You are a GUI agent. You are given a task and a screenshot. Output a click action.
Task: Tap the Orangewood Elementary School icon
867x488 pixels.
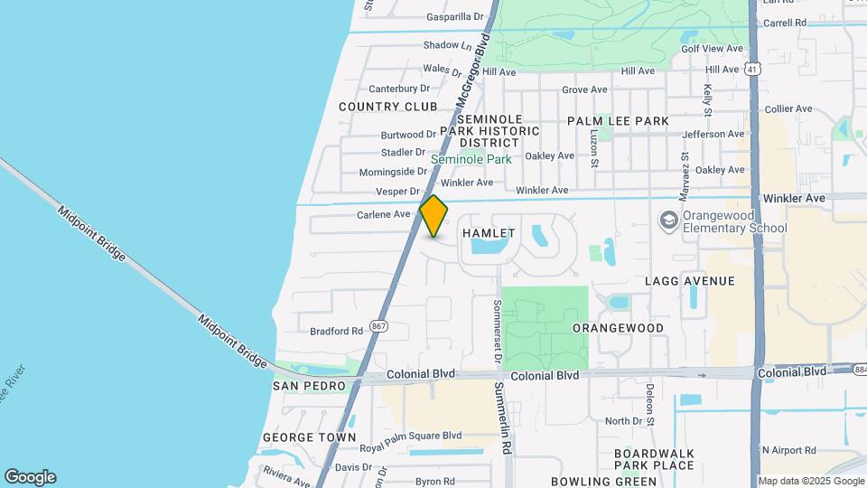point(668,221)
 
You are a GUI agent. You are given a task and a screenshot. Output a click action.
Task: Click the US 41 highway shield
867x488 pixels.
point(753,69)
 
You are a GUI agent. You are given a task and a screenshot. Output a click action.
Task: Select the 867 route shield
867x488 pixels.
point(380,325)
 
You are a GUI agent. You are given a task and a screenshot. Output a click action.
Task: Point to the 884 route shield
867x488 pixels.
point(858,369)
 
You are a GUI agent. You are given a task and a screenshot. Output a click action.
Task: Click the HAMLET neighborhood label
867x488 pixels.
point(489,233)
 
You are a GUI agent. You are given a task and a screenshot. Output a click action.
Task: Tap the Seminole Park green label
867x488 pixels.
point(471,159)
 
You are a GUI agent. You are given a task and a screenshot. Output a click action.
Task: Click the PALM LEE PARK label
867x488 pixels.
point(618,121)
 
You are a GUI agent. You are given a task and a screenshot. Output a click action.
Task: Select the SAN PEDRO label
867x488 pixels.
point(310,386)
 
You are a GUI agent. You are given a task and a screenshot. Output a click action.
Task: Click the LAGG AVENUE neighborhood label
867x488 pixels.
point(690,281)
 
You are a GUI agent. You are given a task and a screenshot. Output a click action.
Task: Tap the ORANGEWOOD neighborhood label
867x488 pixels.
point(618,328)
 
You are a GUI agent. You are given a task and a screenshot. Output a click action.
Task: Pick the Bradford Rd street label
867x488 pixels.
point(336,331)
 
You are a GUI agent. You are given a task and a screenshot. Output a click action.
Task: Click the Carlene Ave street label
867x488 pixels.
point(384,214)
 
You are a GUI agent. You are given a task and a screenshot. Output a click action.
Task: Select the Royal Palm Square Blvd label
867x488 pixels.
point(410,435)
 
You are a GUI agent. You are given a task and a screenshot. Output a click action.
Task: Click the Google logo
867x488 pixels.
point(30,477)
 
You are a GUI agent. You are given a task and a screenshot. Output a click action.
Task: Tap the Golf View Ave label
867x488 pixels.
point(712,49)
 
